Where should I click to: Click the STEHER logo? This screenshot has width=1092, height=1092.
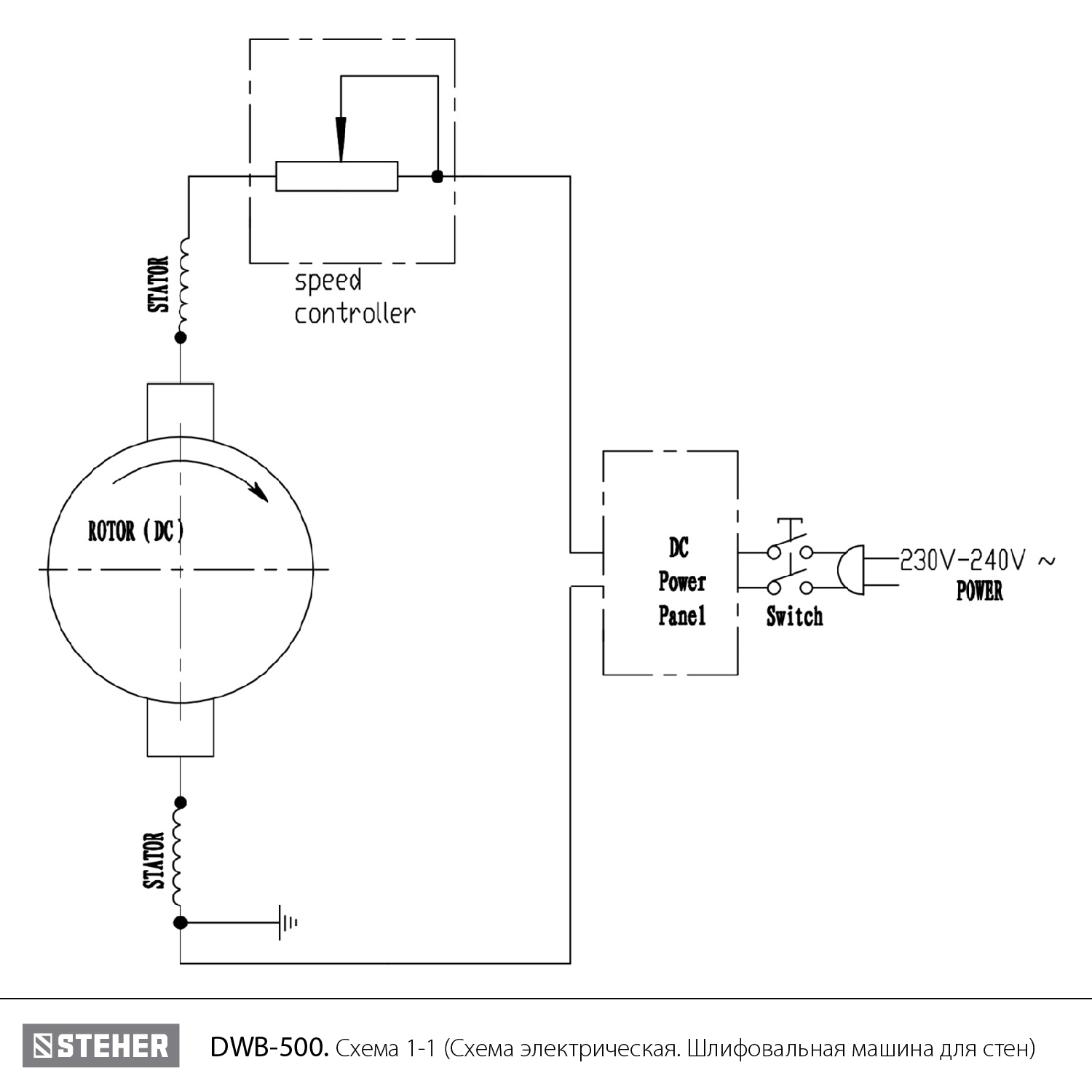click(100, 1046)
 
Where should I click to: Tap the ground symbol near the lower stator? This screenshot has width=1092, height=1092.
click(286, 923)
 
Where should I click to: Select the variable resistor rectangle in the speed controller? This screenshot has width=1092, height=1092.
click(336, 176)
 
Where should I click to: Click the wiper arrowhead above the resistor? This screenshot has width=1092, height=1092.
click(341, 139)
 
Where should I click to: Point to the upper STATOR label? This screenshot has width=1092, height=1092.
click(159, 285)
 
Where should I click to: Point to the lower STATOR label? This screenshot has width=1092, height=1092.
click(154, 860)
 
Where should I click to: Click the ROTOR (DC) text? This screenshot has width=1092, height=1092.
click(136, 531)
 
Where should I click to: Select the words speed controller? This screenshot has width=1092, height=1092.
click(355, 297)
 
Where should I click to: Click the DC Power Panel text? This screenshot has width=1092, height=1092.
click(681, 582)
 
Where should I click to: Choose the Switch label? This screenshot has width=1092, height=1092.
click(794, 617)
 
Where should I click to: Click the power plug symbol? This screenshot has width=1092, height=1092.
click(850, 569)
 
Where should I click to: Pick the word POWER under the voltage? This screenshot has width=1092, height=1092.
click(979, 591)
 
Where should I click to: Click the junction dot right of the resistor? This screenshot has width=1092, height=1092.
click(437, 176)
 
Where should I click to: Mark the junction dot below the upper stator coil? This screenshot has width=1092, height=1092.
click(181, 338)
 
